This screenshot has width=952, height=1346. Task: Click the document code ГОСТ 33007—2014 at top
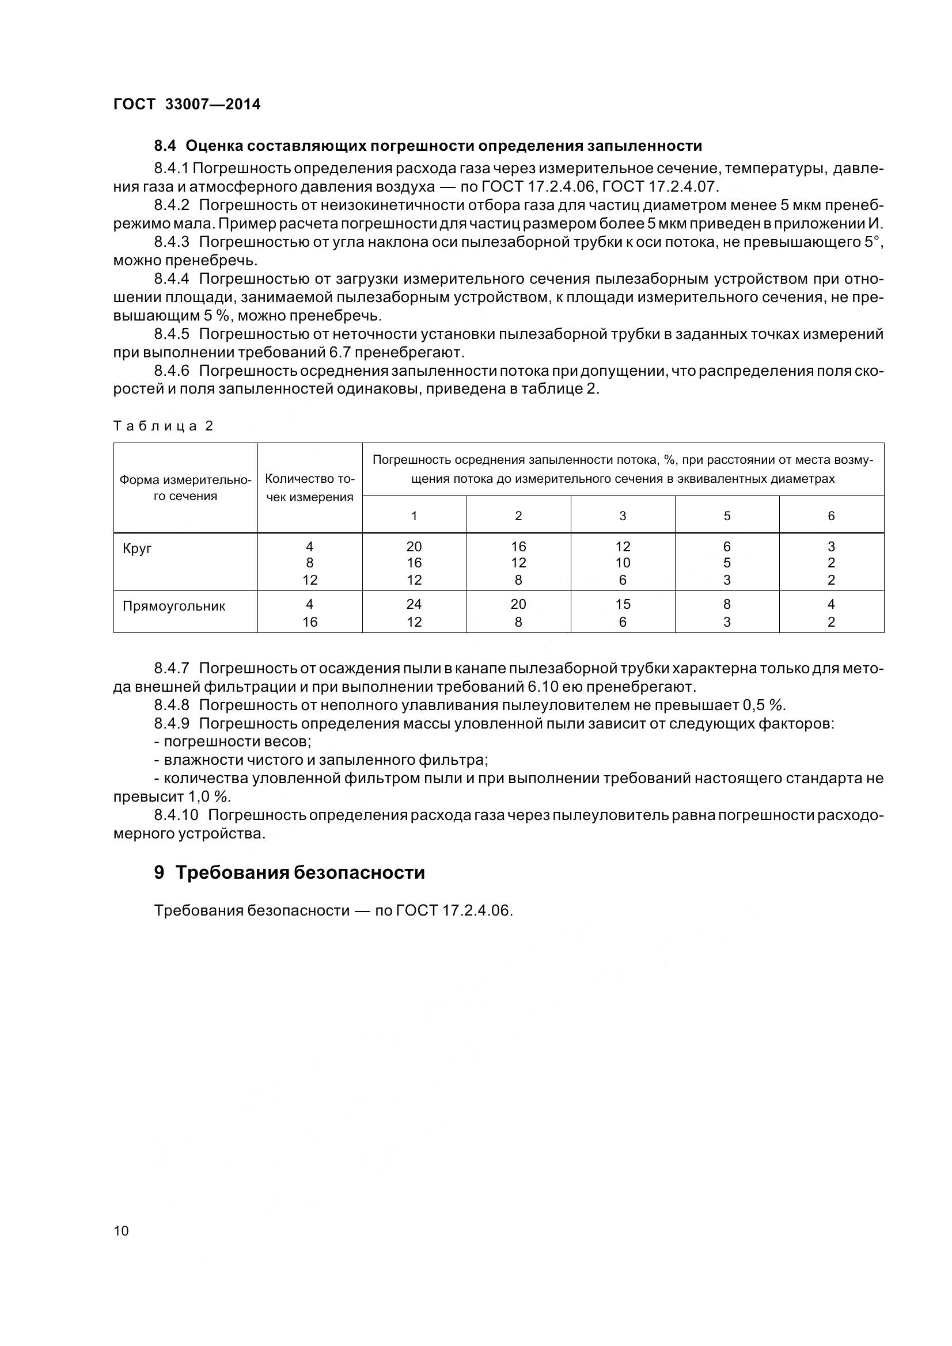[x=187, y=104]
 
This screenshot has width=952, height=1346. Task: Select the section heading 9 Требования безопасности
[x=289, y=872]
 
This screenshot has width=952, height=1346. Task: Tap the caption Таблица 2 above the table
[x=163, y=426]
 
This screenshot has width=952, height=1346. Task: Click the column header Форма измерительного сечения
[x=185, y=488]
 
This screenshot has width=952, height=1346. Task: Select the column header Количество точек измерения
[x=310, y=488]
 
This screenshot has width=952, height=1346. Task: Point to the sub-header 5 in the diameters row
[x=727, y=516]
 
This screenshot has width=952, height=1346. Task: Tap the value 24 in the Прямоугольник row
[x=414, y=604]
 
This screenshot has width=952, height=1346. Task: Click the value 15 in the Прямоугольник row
[x=623, y=604]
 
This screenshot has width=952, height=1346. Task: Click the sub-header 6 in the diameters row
[x=830, y=516]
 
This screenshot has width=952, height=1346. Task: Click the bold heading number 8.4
[x=165, y=146]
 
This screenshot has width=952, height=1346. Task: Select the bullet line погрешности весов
[x=233, y=742]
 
